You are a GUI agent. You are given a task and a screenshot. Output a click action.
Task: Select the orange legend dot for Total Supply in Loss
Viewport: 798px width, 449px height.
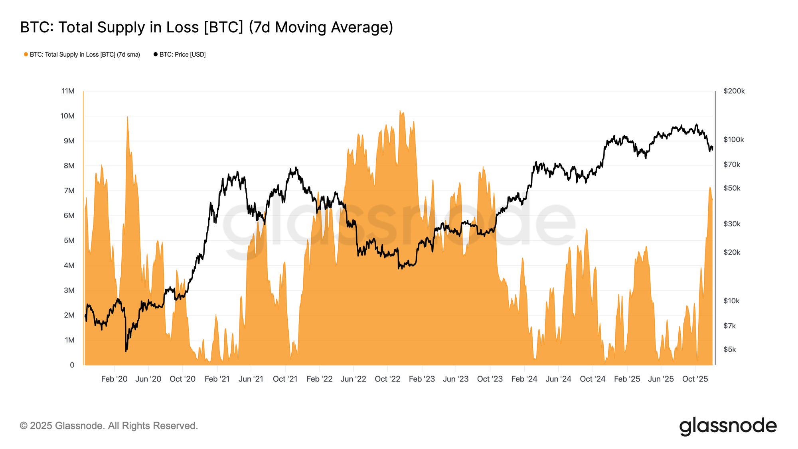(26, 54)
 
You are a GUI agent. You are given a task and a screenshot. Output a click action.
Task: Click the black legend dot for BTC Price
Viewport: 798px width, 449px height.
(156, 54)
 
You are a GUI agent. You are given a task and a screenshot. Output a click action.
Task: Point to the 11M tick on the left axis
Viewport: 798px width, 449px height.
(68, 91)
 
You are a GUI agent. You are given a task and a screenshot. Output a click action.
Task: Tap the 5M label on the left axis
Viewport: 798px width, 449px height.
(69, 240)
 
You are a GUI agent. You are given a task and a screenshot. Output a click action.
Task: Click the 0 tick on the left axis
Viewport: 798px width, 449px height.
(72, 365)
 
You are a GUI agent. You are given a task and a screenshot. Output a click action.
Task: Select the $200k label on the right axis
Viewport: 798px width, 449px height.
(734, 91)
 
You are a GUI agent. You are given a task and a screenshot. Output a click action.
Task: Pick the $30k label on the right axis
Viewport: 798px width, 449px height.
(732, 224)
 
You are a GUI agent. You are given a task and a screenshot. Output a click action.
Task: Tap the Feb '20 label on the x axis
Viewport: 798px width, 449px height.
(114, 379)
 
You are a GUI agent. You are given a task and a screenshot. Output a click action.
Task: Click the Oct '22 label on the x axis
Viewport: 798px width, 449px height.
(387, 379)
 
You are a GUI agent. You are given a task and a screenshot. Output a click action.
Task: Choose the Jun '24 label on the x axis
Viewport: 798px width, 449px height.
(558, 379)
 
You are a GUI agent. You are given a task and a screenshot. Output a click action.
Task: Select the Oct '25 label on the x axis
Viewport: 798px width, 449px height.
(695, 379)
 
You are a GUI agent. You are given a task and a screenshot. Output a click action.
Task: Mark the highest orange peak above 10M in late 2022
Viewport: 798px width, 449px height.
(400, 111)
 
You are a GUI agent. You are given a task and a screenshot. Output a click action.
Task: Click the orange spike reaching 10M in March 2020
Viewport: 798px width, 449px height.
(127, 117)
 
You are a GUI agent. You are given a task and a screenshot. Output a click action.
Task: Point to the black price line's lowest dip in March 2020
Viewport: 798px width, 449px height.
(126, 351)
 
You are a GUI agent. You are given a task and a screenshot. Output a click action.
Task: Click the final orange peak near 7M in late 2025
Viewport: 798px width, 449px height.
(710, 188)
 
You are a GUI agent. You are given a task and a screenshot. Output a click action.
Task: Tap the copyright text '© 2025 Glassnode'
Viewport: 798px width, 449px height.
(109, 425)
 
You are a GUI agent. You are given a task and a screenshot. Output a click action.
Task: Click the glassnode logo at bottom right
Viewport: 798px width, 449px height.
(728, 426)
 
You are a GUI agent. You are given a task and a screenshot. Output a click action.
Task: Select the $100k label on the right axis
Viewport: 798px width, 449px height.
(733, 140)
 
